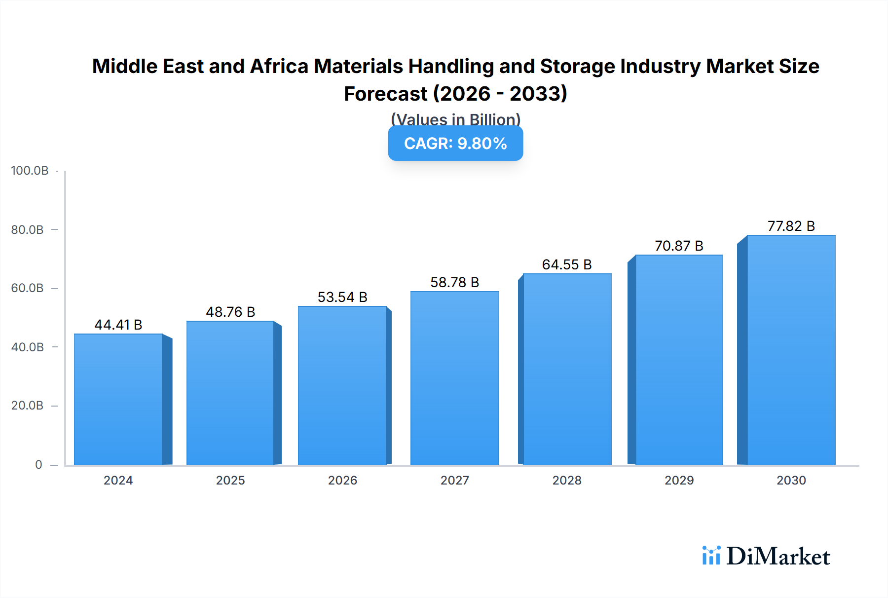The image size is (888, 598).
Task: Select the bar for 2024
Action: tap(118, 400)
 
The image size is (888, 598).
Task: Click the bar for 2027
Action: tap(454, 378)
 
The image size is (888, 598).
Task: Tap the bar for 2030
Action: tap(791, 350)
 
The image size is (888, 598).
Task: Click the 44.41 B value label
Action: tap(118, 325)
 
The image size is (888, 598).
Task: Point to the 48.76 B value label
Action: tap(230, 312)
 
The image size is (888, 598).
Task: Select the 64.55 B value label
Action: tap(567, 264)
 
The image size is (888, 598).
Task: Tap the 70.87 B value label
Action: tap(679, 246)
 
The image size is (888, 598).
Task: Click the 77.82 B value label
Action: tap(791, 226)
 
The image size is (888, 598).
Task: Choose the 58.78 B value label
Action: tap(454, 282)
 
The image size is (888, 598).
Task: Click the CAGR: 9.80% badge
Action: tap(455, 144)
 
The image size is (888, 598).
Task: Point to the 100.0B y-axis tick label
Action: tap(30, 171)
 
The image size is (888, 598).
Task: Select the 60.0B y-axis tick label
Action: tap(27, 288)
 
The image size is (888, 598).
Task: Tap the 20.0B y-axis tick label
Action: tap(27, 406)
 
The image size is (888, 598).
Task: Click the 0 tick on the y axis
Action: tap(38, 465)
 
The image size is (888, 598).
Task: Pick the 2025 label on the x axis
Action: tap(230, 480)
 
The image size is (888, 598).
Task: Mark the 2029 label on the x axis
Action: tap(679, 480)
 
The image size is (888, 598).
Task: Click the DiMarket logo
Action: tap(766, 556)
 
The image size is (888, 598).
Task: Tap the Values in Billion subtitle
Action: tap(455, 119)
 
